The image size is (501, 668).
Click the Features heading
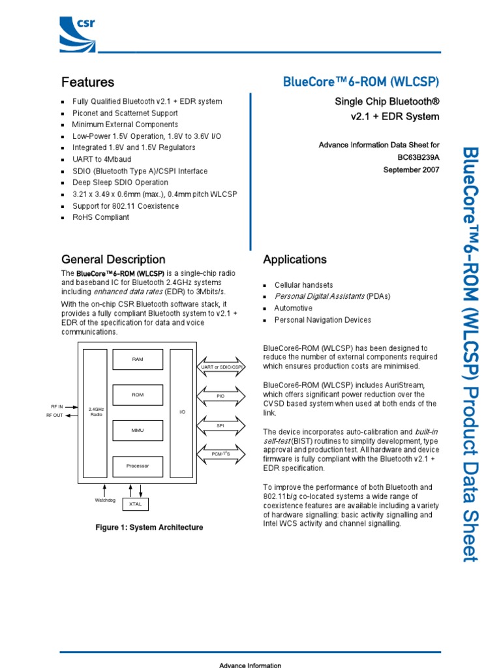click(87, 82)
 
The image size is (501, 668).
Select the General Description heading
click(113, 260)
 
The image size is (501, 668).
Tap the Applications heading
click(295, 260)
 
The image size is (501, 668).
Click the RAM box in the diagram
click(138, 359)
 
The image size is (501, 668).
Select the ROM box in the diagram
click(138, 395)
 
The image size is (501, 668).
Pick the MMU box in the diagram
click(138, 431)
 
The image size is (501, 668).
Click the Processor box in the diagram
click(138, 466)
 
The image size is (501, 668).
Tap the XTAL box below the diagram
click(135, 504)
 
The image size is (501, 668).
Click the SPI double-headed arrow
click(220, 425)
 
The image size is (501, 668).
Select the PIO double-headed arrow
click(220, 396)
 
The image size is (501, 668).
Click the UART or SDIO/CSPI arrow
click(220, 367)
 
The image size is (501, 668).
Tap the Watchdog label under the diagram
click(104, 500)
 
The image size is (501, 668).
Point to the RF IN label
click(57, 406)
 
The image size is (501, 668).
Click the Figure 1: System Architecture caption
click(149, 527)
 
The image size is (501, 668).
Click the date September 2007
click(411, 170)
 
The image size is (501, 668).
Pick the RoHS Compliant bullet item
click(100, 217)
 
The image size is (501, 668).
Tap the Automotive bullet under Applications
click(293, 308)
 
